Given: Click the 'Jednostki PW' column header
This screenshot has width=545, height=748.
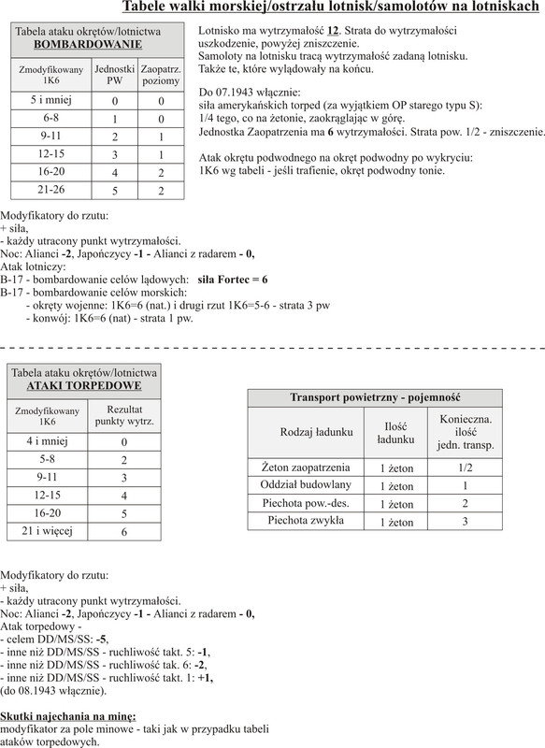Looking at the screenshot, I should (x=113, y=76).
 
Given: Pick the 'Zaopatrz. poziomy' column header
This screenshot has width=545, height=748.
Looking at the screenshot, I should (x=160, y=76).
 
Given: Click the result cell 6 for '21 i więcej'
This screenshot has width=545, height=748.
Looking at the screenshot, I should (x=124, y=531).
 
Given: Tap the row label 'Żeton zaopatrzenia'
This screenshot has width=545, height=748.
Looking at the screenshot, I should (x=305, y=467).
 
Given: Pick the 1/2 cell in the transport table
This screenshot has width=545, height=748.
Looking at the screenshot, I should (x=466, y=467).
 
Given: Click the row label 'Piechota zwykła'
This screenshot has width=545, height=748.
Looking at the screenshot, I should (x=305, y=521).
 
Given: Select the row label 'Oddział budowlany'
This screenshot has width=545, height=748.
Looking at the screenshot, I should (x=305, y=485).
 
